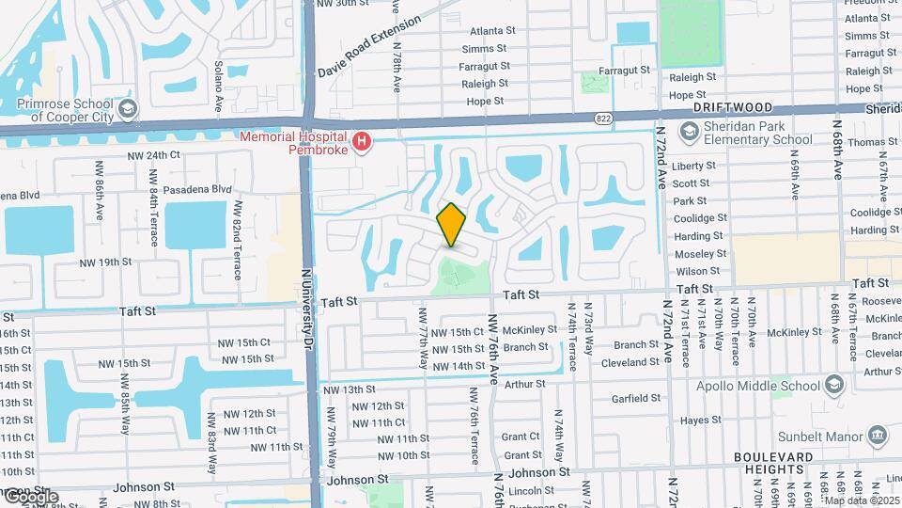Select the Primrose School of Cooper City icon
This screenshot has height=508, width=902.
129,107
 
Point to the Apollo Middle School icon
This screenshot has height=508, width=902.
833,386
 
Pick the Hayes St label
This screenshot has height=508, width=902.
701,421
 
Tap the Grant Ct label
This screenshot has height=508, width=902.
521,437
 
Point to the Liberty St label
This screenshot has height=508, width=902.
694,166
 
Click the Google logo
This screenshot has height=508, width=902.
30,496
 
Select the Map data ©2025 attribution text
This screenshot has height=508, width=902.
862,500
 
